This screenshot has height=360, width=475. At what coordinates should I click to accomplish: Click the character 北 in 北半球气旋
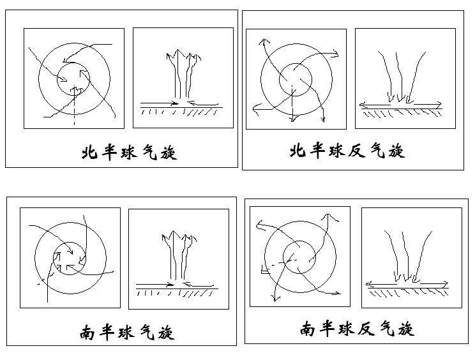[89, 154]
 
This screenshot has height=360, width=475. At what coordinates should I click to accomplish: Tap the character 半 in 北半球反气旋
[317, 151]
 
